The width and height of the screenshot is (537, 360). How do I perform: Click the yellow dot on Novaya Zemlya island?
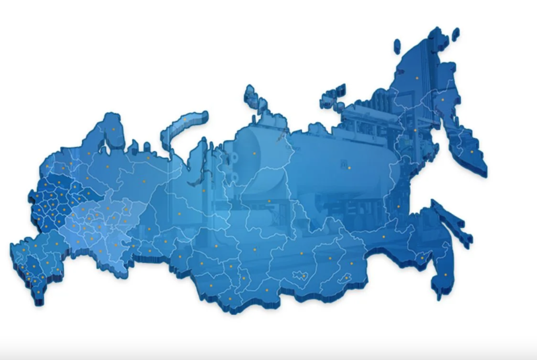185,119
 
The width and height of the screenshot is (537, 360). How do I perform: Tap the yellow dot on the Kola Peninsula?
114,129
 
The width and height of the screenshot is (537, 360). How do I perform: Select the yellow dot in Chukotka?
417,78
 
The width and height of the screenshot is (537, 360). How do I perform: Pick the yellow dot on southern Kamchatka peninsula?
471,152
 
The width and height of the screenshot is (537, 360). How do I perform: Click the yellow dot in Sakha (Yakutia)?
349,168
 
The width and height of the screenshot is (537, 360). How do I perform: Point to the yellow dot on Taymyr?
254,153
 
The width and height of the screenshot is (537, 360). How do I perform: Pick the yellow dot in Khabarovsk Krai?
398,206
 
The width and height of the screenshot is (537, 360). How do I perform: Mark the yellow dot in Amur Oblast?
383,236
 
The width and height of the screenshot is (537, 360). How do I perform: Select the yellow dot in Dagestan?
39,292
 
